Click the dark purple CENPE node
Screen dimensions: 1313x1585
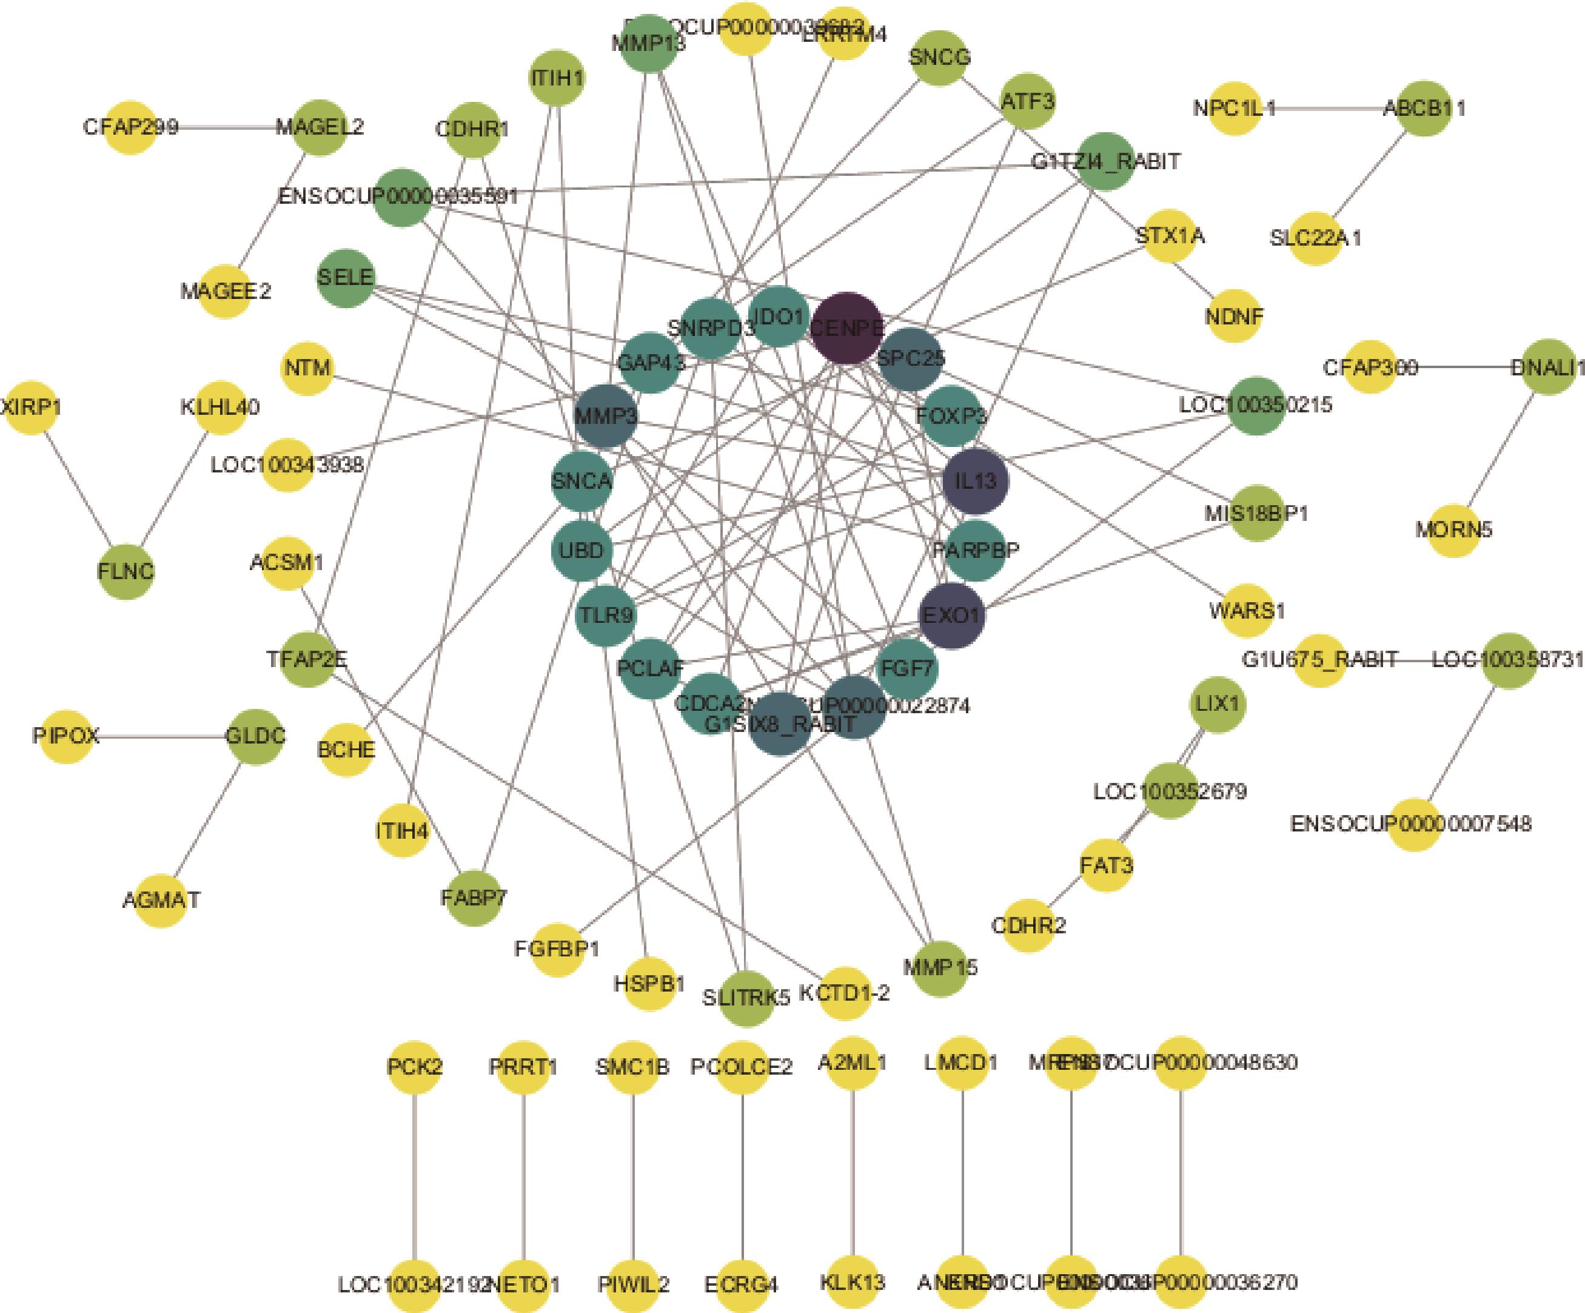[846, 327]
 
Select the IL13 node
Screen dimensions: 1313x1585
[975, 480]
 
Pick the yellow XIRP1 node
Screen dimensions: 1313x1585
[31, 408]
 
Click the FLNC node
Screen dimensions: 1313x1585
[126, 571]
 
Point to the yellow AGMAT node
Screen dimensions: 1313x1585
[161, 900]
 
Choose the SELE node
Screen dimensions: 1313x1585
[346, 278]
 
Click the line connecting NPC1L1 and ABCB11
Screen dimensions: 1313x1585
[1329, 109]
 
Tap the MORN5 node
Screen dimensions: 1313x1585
[1453, 529]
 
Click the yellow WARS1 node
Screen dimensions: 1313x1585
[1246, 609]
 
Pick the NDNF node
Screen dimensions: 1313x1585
[1233, 315]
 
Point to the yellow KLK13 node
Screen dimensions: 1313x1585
[852, 1282]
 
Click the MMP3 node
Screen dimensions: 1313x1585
[605, 416]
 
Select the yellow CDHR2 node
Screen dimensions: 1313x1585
[1028, 925]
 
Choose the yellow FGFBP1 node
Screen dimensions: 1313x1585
[557, 949]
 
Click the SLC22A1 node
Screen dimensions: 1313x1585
[1315, 238]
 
